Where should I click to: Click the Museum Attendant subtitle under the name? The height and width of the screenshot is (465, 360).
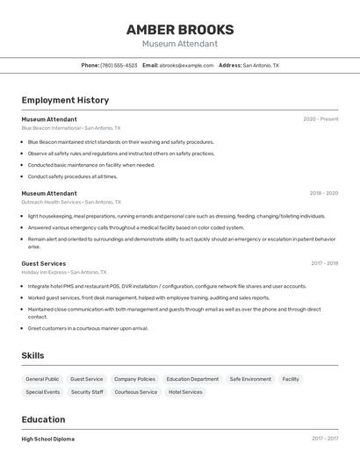point(179,43)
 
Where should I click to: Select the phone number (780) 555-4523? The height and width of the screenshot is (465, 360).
point(119,65)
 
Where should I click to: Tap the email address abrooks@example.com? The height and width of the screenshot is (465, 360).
point(186,65)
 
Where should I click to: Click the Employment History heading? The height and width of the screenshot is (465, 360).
point(65,100)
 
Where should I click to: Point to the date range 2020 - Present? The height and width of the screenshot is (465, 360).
point(320,118)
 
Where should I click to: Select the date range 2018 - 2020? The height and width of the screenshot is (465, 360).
point(323,193)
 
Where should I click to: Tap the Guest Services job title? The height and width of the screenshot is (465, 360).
point(44,263)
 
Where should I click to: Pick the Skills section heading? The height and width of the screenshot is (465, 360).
point(33,355)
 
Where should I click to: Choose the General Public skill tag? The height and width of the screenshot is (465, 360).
point(42,379)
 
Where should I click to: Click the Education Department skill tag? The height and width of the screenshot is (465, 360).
point(192,379)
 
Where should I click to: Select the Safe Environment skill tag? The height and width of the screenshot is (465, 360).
point(250,379)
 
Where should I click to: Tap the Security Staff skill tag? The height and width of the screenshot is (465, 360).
point(87,392)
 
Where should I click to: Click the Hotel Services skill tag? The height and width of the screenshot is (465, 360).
point(185,392)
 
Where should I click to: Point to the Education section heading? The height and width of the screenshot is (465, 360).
point(43,419)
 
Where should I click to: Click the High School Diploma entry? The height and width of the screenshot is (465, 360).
point(48,439)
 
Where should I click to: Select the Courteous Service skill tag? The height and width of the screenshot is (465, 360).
point(136,392)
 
